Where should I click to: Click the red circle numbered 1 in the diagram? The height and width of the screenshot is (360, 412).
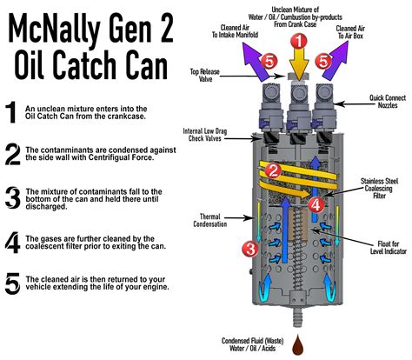298,41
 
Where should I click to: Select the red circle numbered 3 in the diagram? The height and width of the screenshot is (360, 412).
249,249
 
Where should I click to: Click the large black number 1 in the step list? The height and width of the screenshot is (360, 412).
10,111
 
